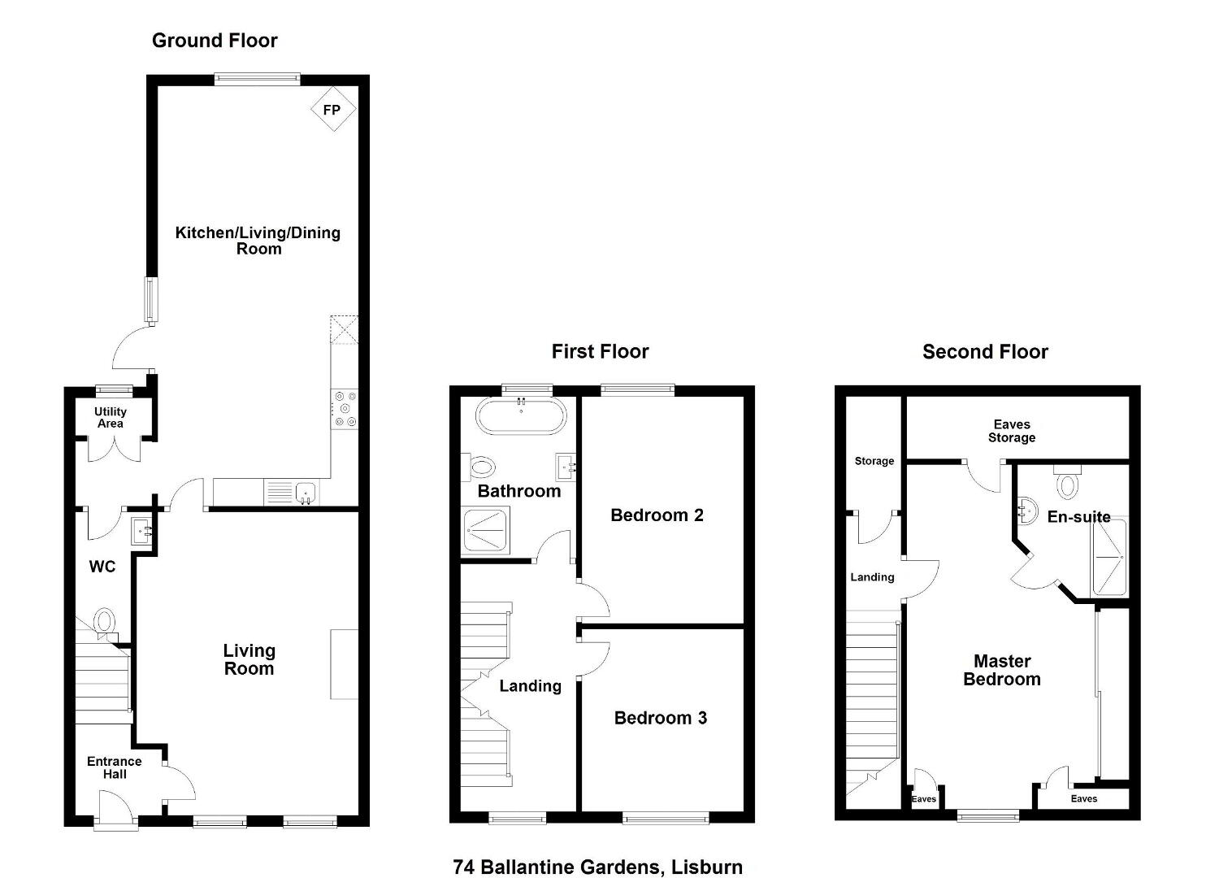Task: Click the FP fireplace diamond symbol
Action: coord(333,109)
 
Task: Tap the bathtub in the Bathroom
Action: coord(521,416)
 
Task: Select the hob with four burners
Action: coord(345,409)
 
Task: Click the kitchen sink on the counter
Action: coord(306,493)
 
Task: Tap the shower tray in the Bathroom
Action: coord(485,530)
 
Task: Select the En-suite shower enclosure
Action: coord(1108,557)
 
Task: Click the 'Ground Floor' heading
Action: coord(215,41)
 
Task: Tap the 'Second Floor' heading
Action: coord(985,352)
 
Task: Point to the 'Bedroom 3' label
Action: coord(660,718)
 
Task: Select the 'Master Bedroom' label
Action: coord(1002,670)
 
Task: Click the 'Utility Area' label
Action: coord(111,417)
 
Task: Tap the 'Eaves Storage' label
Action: coord(1012,431)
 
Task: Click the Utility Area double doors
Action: coord(114,450)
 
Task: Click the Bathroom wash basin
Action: coord(566,467)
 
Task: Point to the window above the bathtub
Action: coord(527,390)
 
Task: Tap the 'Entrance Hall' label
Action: coord(114,767)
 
